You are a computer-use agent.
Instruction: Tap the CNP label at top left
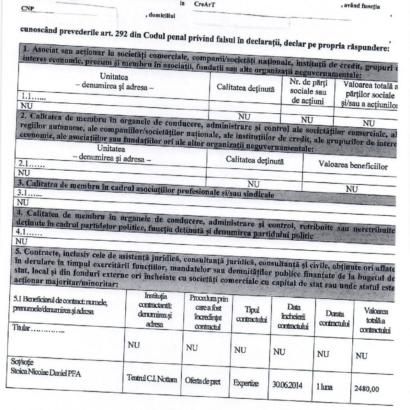point(27,8)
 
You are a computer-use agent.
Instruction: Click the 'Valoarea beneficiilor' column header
point(353,165)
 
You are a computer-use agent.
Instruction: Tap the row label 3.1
point(30,193)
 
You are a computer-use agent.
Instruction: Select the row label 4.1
point(28,232)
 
